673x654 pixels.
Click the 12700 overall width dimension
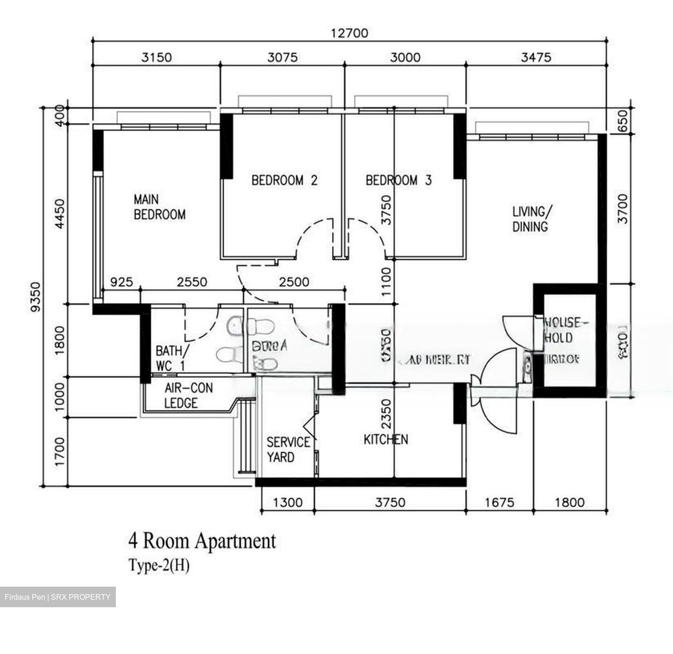(350, 33)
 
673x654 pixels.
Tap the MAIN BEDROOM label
(159, 207)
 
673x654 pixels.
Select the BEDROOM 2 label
(284, 180)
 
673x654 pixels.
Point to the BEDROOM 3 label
(398, 180)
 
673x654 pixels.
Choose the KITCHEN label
(386, 439)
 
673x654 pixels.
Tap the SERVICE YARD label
(288, 450)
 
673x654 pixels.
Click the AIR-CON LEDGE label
(188, 395)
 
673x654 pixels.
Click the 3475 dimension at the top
(536, 58)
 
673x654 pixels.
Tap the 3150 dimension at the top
(157, 58)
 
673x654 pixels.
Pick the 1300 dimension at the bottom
(287, 502)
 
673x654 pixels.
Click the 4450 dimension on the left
(60, 214)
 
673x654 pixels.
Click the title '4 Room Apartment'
(202, 541)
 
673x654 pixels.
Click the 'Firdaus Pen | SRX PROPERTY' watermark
(57, 597)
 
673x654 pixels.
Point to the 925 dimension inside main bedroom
(121, 282)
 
